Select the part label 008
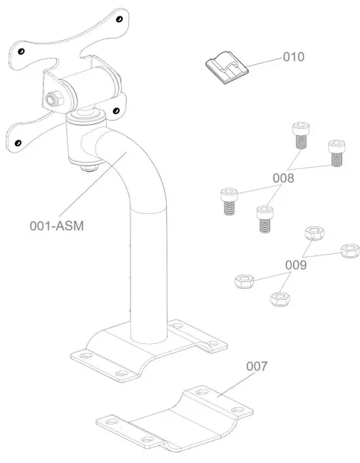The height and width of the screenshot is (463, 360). [x=284, y=178]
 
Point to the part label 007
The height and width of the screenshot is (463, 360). [x=257, y=366]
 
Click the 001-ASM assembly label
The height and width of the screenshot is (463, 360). [x=61, y=226]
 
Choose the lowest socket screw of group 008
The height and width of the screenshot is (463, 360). [x=264, y=218]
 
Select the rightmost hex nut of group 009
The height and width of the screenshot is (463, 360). [x=349, y=251]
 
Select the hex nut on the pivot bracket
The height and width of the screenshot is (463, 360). [x=52, y=98]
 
